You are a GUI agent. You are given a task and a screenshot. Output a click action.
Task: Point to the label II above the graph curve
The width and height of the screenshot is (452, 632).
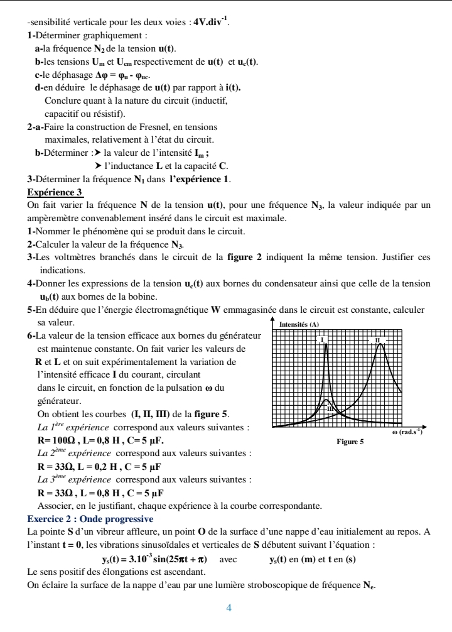(377, 340)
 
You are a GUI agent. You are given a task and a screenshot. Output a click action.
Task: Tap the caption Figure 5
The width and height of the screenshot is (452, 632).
(350, 442)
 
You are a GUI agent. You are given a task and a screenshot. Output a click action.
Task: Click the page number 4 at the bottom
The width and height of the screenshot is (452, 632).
(229, 608)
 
